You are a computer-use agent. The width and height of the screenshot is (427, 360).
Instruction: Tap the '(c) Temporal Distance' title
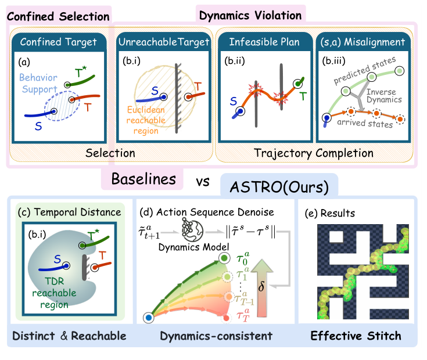tap(72, 211)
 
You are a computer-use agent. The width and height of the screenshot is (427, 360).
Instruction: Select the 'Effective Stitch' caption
tap(356, 336)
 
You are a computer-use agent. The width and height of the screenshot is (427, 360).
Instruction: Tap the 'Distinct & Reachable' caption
tap(69, 336)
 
